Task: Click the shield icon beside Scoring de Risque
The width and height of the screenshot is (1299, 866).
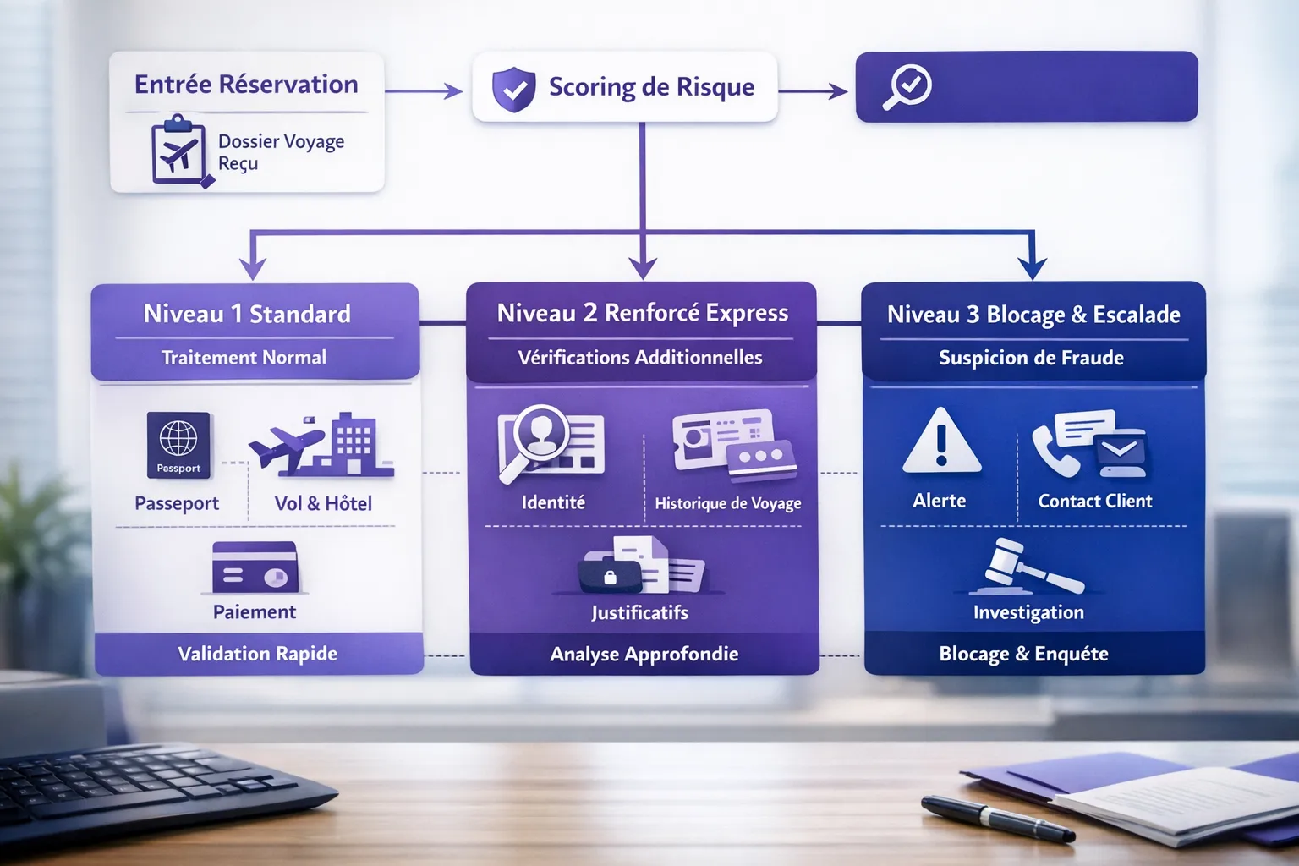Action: (513, 89)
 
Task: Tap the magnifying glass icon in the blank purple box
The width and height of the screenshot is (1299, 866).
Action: (907, 87)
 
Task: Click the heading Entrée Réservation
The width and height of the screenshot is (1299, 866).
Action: (246, 85)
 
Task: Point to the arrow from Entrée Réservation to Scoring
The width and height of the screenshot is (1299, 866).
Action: (423, 90)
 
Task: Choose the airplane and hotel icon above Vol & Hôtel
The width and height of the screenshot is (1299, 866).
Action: (322, 445)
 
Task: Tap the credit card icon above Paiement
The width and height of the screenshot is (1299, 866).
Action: (255, 567)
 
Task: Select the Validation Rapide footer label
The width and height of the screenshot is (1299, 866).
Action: (257, 654)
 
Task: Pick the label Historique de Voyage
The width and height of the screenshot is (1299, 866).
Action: (727, 503)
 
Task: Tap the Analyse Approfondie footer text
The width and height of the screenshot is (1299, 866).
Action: (644, 654)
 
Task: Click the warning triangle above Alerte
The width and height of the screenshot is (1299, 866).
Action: (941, 441)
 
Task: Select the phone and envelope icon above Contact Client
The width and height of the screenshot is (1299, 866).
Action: (1089, 444)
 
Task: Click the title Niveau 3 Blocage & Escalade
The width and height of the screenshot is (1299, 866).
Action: (1033, 315)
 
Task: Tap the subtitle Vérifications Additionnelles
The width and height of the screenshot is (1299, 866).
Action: (640, 358)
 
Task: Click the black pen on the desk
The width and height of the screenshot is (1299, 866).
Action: (998, 818)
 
